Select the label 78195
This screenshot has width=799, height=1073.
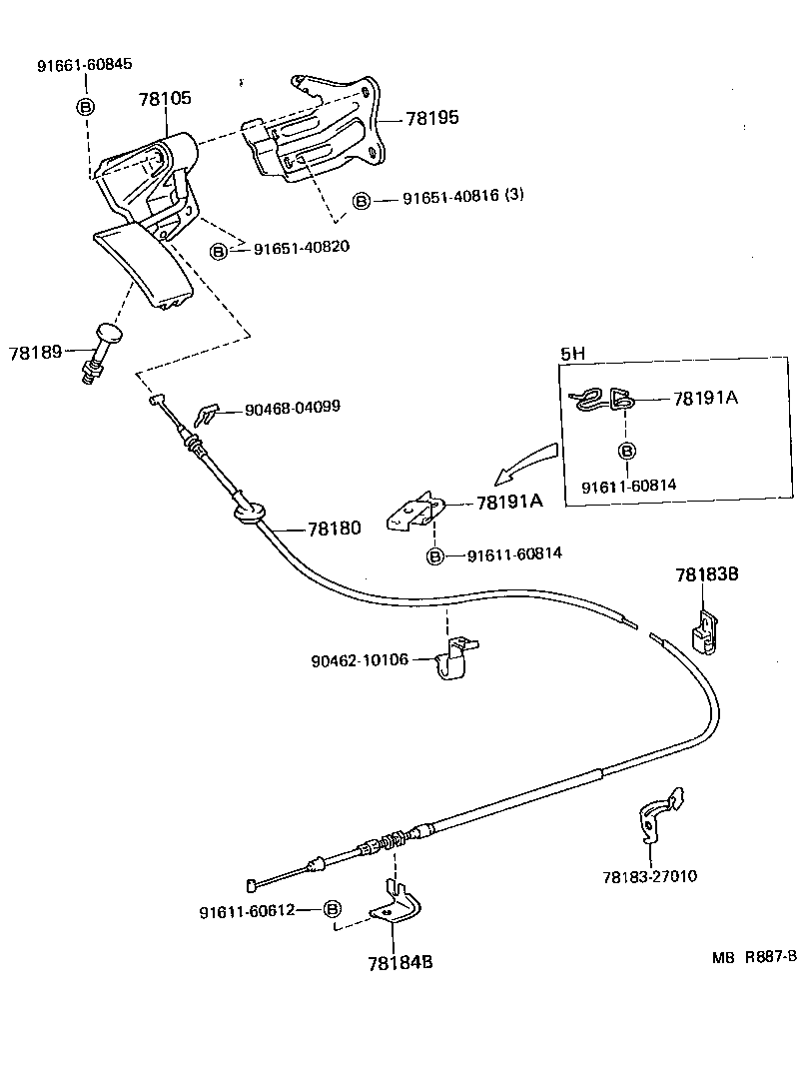(x=431, y=118)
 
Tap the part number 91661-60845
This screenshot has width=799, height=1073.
(x=85, y=67)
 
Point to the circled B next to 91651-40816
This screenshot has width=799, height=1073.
(x=362, y=200)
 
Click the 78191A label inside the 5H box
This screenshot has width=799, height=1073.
(x=705, y=398)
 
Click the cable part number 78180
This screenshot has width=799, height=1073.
(x=334, y=528)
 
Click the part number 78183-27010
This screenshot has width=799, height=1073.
(x=649, y=876)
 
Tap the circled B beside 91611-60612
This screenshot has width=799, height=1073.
(x=333, y=909)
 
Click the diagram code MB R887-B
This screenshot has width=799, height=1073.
(x=754, y=956)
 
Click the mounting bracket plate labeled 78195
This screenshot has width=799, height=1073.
(x=320, y=130)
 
